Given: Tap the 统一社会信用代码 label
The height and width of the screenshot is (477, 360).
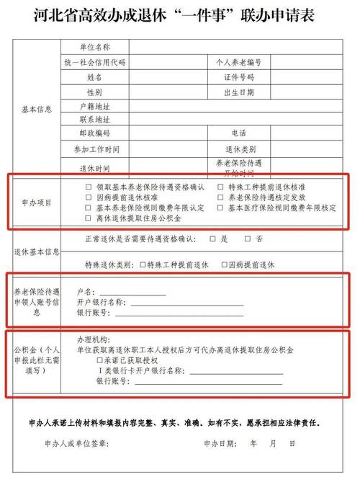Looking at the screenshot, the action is pos(94,62).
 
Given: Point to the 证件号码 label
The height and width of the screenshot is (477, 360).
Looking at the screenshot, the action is pos(238,77).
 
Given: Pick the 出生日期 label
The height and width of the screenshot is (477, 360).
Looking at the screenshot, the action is pos(238,92).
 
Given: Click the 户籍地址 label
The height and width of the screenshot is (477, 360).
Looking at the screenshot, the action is pos(94,106).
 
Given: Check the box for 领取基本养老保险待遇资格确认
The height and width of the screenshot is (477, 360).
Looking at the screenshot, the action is pos(89,187).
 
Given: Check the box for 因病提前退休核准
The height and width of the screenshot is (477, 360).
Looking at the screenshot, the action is pos(89,197).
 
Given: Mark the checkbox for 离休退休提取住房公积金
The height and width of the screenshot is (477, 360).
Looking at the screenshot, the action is pos(89,217).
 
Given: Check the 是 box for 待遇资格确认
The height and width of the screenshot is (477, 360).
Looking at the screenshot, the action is pos(212,239).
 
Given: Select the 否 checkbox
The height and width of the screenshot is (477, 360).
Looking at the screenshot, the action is pos(248,239).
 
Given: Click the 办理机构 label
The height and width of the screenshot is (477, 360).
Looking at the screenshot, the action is pos(93,338).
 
